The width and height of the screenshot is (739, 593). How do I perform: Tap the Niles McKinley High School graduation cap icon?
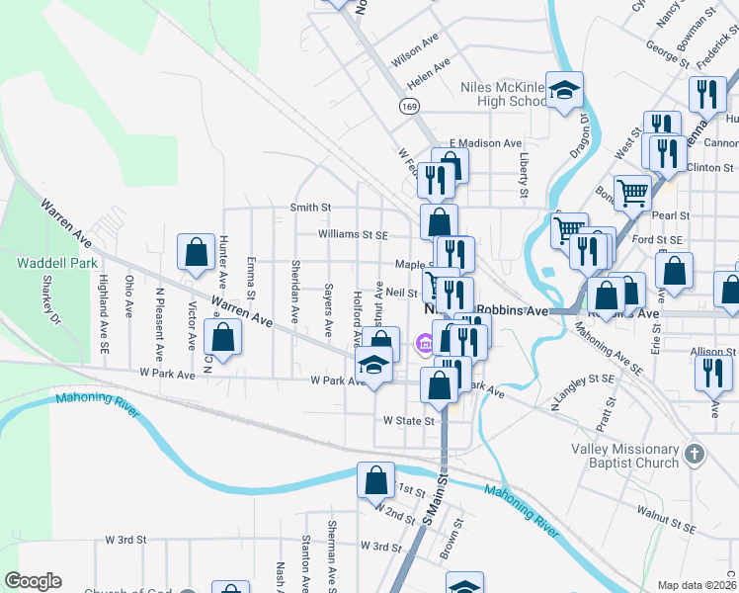564,92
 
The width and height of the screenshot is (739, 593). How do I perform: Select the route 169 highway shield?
407,104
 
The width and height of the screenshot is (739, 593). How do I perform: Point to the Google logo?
33,581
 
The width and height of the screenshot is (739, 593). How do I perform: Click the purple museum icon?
423,343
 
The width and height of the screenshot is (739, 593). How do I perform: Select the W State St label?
410,421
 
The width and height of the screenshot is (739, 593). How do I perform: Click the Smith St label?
309,208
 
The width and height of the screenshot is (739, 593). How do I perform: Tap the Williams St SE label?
354,235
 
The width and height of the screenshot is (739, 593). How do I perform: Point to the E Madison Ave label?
484,143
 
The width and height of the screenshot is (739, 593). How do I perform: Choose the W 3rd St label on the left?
126,541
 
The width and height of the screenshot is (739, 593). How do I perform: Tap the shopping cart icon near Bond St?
632,191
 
